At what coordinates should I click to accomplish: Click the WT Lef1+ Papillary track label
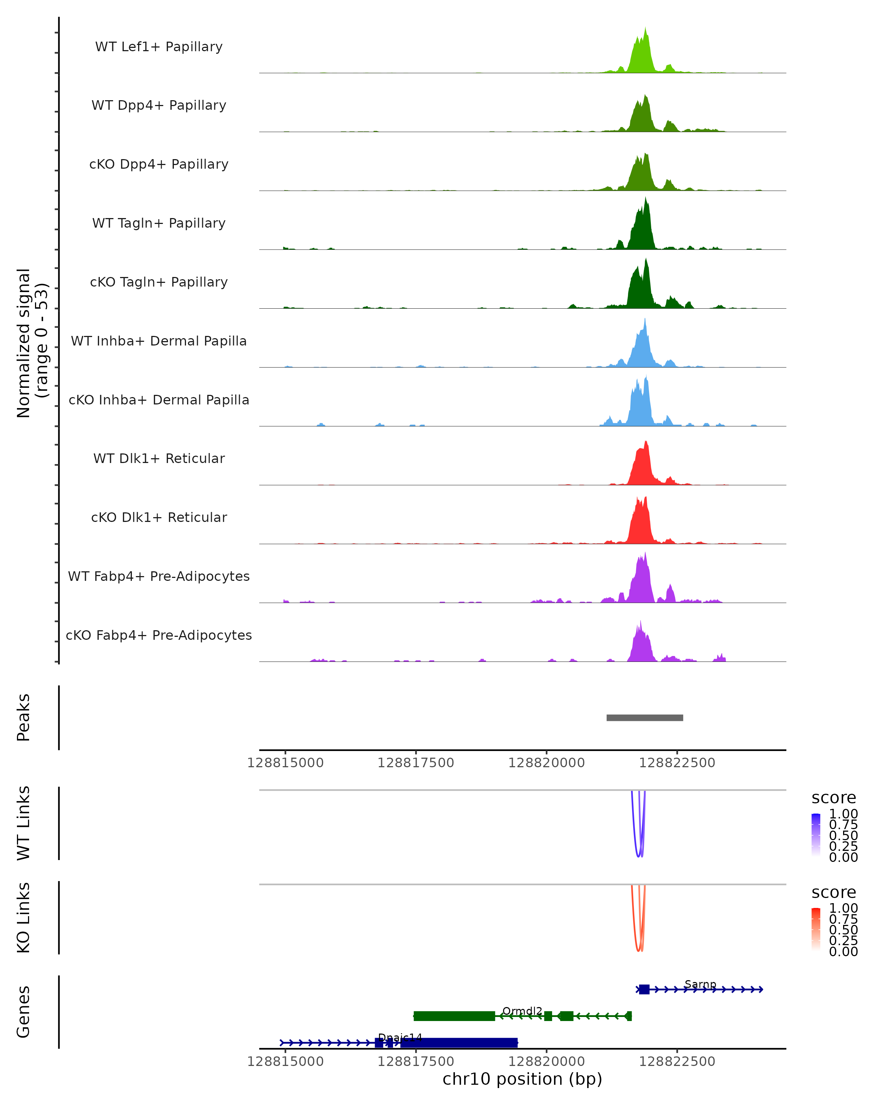(x=159, y=47)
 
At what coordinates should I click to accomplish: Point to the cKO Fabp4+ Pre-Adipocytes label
(x=159, y=635)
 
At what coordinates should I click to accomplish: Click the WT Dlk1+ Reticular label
(x=159, y=458)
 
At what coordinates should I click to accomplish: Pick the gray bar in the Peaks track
(x=644, y=718)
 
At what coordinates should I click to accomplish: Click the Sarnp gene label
(x=700, y=984)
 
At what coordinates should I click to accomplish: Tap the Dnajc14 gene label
(x=400, y=1037)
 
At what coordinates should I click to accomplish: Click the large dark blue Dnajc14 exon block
(x=459, y=1042)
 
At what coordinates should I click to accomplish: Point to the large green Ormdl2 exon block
(x=454, y=1016)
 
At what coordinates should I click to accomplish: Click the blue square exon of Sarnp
(x=644, y=989)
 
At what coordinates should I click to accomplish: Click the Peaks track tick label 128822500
(x=677, y=763)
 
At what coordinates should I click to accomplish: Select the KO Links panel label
(x=24, y=918)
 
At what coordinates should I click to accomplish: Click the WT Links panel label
(x=24, y=822)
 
